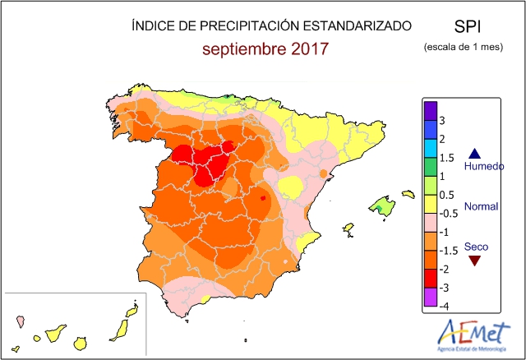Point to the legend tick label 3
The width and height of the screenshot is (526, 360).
click(443, 120)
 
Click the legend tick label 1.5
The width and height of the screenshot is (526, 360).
click(447, 158)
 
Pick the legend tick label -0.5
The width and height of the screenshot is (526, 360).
click(448, 213)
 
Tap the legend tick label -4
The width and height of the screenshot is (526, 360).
click(444, 306)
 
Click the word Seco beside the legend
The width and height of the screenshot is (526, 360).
click(475, 246)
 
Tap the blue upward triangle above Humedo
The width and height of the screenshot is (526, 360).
click(473, 153)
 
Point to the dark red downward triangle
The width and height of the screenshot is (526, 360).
click(474, 261)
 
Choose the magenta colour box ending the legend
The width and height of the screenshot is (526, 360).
click(429, 297)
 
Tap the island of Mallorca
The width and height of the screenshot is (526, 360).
click(381, 205)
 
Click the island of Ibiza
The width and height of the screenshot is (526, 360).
click(348, 228)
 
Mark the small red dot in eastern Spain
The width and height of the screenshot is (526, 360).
click(263, 198)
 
